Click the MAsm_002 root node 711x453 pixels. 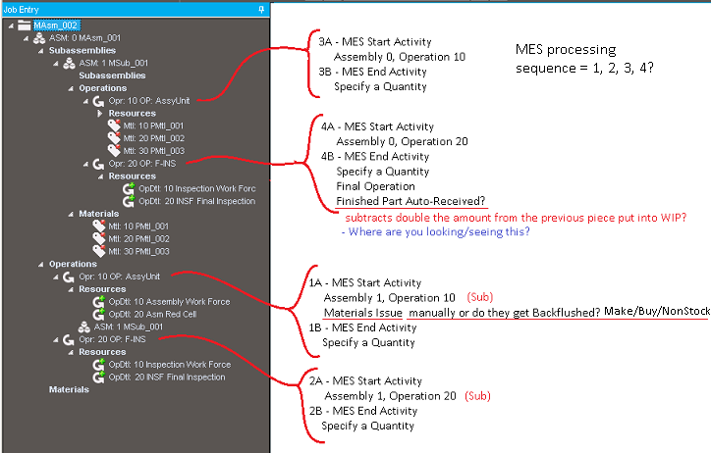pyautogui.click(x=55, y=25)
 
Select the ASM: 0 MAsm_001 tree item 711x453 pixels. pyautogui.click(x=84, y=38)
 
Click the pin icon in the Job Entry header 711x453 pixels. pyautogui.click(x=261, y=9)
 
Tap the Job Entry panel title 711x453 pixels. pyautogui.click(x=22, y=9)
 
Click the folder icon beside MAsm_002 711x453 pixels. pyautogui.click(x=24, y=25)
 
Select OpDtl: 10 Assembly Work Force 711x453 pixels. pyautogui.click(x=169, y=301)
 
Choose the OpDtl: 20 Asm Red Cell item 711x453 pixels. pyautogui.click(x=152, y=314)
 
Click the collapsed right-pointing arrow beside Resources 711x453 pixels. pyautogui.click(x=100, y=113)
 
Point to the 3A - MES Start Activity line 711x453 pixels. pyautogui.click(x=375, y=42)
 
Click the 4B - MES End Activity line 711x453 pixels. pyautogui.click(x=375, y=157)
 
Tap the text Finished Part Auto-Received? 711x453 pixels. pyautogui.click(x=410, y=201)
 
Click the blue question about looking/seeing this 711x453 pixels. pyautogui.click(x=436, y=231)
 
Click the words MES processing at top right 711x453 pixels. pyautogui.click(x=566, y=50)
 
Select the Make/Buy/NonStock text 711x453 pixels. pyautogui.click(x=657, y=311)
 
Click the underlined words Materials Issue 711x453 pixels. pyautogui.click(x=363, y=313)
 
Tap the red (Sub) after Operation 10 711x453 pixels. pyautogui.click(x=480, y=297)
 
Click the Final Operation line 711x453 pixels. pyautogui.click(x=375, y=186)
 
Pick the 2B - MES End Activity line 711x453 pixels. pyautogui.click(x=363, y=411)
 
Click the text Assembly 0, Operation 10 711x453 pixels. pyautogui.click(x=400, y=57)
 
